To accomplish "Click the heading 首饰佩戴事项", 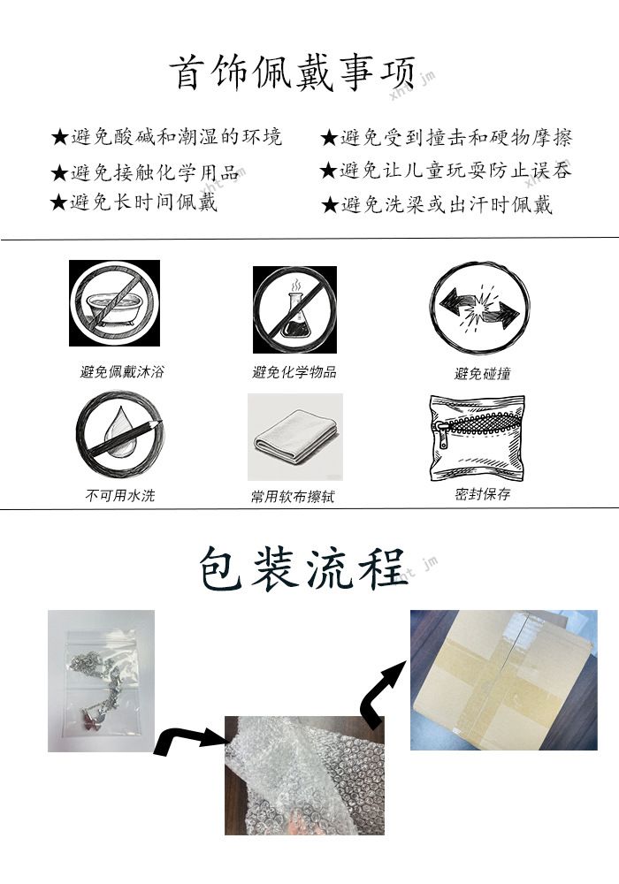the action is pyautogui.click(x=292, y=72).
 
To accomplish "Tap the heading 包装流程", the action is pyautogui.click(x=302, y=568).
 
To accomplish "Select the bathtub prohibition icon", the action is pyautogui.click(x=114, y=302).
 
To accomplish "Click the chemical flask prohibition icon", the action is pyautogui.click(x=294, y=309).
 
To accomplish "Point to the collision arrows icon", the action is pyautogui.click(x=480, y=308).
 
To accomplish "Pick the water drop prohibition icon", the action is pyautogui.click(x=119, y=434).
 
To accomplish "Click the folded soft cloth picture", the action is pyautogui.click(x=295, y=437).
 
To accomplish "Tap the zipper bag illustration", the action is pyautogui.click(x=478, y=438).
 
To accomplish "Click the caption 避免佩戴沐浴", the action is pyautogui.click(x=122, y=371).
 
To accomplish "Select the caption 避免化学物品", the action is pyautogui.click(x=294, y=372).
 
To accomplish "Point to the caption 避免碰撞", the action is pyautogui.click(x=483, y=373).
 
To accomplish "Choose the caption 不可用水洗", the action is pyautogui.click(x=120, y=496).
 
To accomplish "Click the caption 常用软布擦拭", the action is pyautogui.click(x=294, y=497).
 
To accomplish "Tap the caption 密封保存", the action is pyautogui.click(x=483, y=494).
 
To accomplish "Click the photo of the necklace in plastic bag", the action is pyautogui.click(x=102, y=681).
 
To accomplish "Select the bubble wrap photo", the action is pyautogui.click(x=304, y=775).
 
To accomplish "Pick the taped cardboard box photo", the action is pyautogui.click(x=503, y=680).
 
